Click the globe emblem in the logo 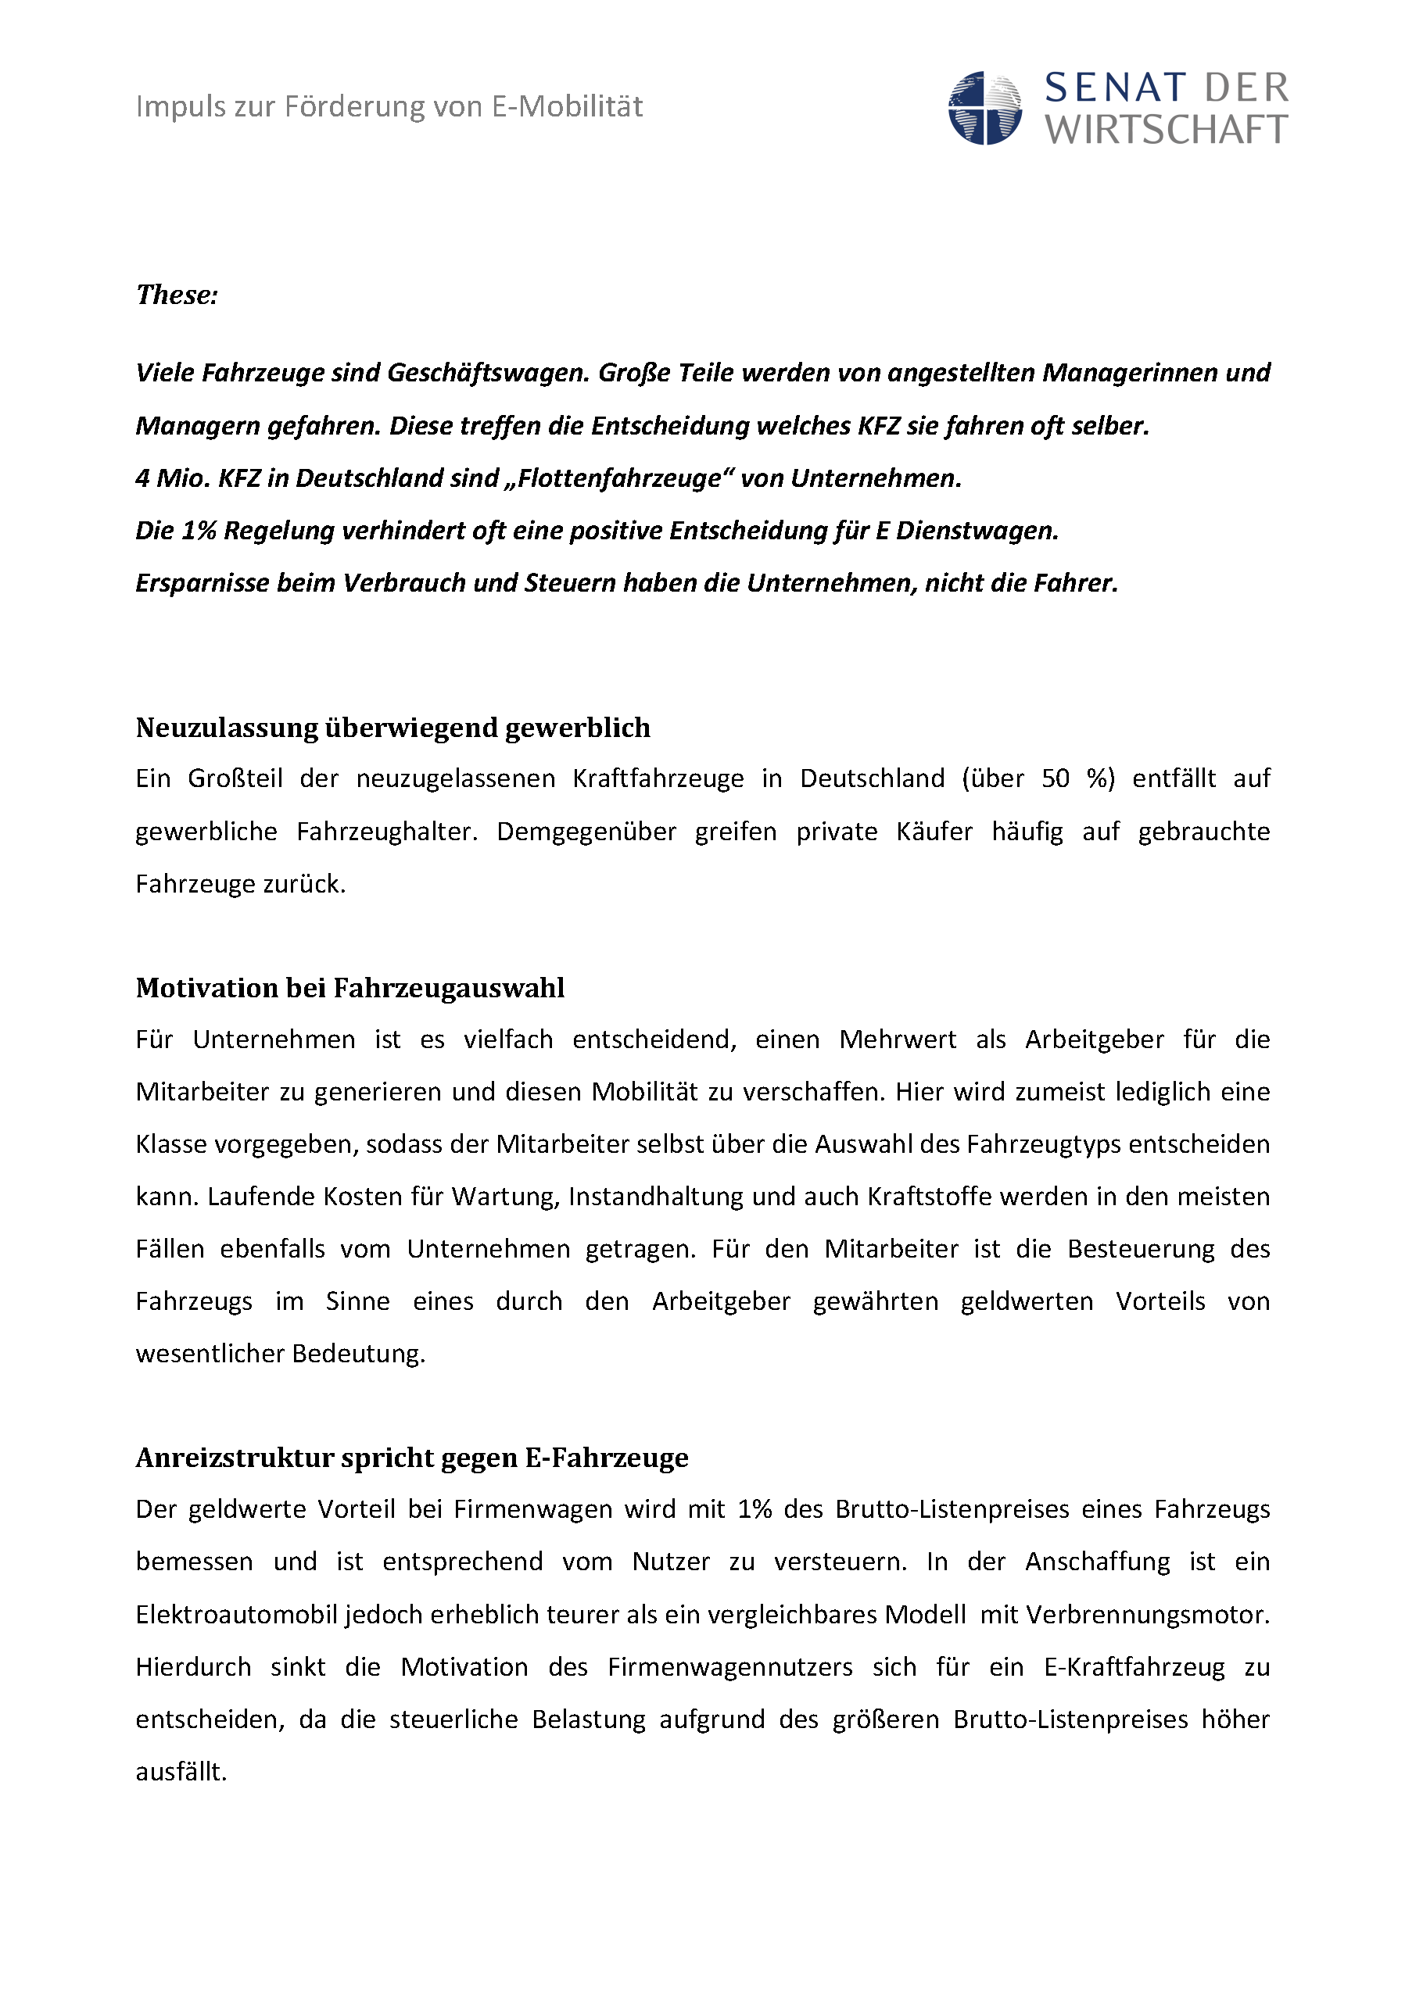[985, 109]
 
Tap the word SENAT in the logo [1116, 88]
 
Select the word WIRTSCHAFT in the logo [1167, 131]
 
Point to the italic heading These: [177, 295]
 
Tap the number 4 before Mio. [142, 478]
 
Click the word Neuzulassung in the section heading [227, 728]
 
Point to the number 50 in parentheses [1055, 778]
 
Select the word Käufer [934, 831]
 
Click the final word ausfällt [181, 1772]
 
